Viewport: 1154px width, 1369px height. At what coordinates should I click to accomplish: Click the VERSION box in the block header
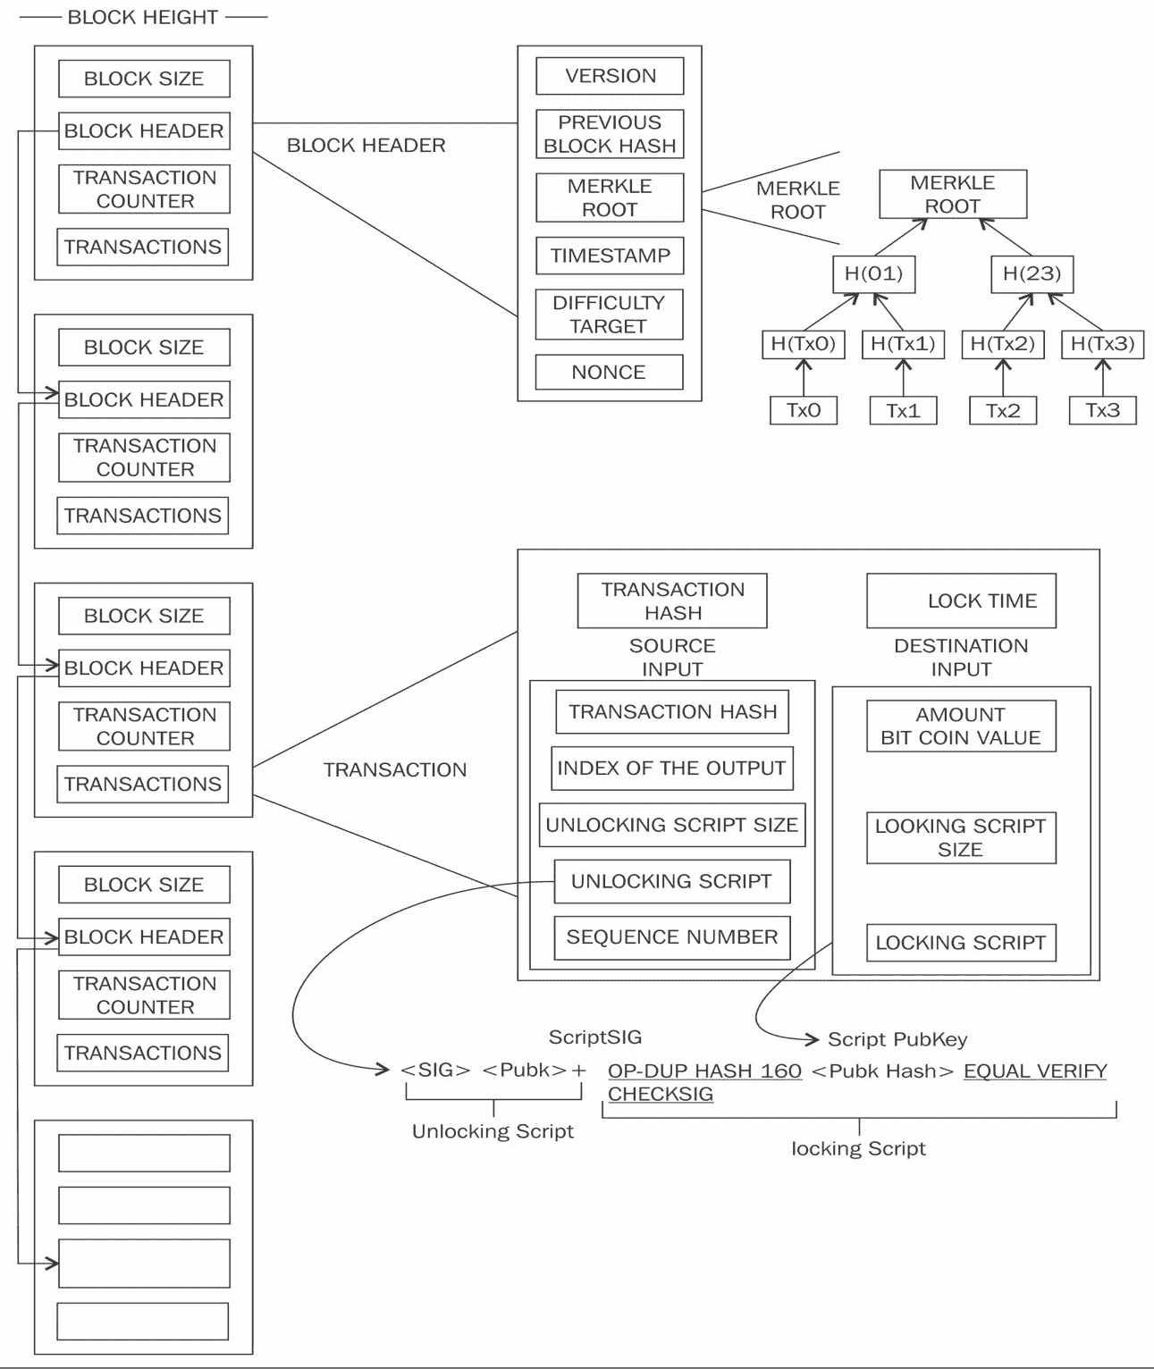610,76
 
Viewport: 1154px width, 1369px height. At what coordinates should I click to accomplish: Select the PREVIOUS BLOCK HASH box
610,134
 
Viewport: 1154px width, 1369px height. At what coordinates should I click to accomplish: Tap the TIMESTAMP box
610,256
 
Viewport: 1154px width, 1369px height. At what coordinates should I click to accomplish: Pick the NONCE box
609,372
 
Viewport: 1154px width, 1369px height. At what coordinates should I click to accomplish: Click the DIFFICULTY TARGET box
609,315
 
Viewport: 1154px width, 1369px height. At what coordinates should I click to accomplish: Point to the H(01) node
873,273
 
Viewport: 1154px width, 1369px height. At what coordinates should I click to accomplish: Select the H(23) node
1032,273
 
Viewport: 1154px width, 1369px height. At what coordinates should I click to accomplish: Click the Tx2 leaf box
1003,410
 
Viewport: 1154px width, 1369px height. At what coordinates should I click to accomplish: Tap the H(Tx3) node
1102,344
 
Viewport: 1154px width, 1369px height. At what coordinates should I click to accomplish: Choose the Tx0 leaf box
804,410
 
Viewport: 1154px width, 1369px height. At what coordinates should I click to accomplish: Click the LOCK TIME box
961,601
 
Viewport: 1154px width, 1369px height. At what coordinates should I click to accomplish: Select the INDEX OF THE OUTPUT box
671,768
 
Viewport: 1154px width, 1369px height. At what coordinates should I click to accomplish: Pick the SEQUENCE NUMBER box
671,937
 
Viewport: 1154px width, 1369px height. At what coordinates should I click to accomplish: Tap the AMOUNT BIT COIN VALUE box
961,726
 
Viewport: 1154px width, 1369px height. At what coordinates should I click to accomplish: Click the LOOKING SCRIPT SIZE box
961,837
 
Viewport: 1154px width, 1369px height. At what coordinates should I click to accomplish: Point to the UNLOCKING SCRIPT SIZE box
671,825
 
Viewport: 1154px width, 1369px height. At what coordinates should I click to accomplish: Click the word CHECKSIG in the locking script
661,1095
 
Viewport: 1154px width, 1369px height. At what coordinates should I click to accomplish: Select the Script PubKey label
897,1039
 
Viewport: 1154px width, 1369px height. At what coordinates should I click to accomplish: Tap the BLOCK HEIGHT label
143,17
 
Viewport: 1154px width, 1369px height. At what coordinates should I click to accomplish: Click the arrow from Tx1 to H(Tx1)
904,378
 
